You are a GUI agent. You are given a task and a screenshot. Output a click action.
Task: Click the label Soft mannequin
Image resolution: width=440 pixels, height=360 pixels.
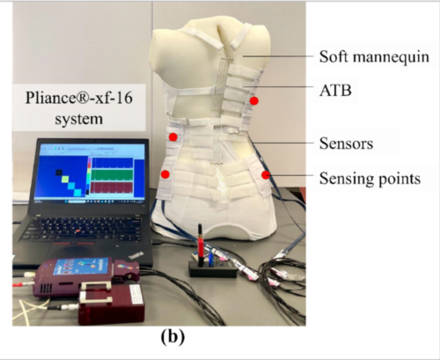pos(374,56)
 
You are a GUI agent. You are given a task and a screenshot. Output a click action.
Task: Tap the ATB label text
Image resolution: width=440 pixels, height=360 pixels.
pos(335,90)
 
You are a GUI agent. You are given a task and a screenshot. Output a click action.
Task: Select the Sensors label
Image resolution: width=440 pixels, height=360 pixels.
pos(346,143)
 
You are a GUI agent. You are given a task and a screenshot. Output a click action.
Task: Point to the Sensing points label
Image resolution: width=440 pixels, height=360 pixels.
pos(370,179)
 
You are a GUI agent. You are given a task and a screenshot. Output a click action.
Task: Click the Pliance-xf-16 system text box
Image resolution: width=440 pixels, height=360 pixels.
pos(79,107)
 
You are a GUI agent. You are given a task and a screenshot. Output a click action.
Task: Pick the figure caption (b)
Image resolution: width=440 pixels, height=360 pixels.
pos(172,336)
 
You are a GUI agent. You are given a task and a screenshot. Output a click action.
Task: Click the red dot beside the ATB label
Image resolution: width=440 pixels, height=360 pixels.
pos(254,101)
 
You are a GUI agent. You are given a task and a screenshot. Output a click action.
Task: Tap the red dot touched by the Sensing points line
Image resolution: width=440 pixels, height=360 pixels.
pos(266,175)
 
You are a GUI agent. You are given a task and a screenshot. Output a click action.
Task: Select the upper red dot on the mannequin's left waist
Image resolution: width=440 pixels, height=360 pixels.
pos(173,136)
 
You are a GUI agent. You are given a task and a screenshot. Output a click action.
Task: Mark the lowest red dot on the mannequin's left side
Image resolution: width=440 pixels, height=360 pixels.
pos(165,174)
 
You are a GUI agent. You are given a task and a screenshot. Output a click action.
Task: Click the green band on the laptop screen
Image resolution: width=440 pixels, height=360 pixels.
pos(112,174)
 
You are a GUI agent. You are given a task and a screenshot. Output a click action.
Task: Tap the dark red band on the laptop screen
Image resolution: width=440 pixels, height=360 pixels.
pos(112,187)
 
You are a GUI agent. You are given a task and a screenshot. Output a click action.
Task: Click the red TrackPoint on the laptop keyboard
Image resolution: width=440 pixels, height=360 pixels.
pos(77,231)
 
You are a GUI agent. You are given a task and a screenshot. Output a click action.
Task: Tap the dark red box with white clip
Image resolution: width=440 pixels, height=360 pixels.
pos(112,304)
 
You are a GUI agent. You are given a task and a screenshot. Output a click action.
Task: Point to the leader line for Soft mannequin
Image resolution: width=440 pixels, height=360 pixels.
pos(278,56)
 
